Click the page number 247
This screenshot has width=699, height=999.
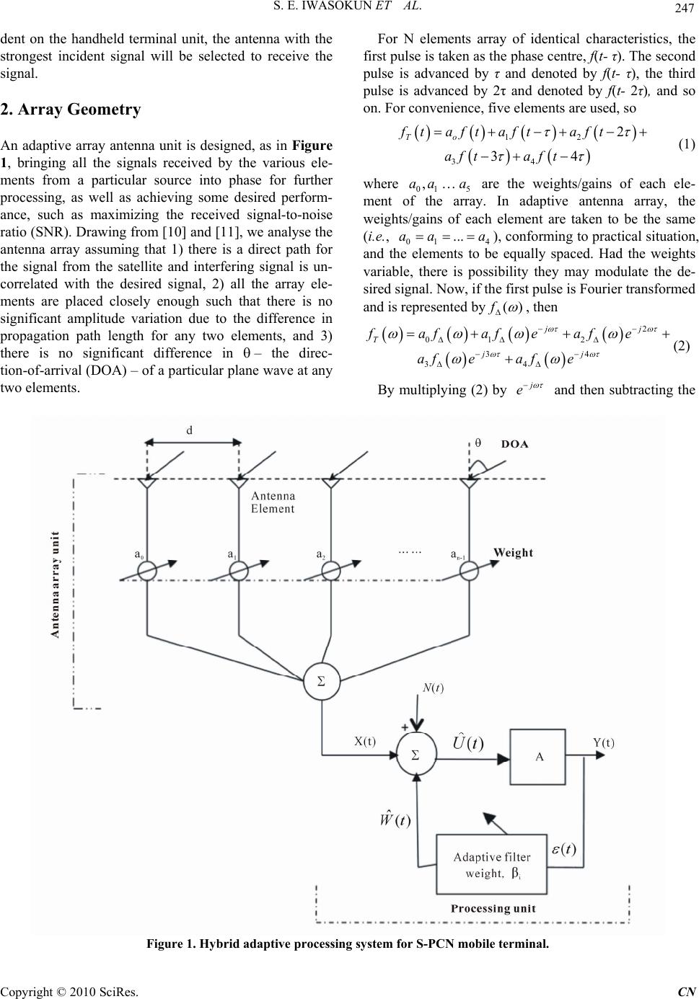685,8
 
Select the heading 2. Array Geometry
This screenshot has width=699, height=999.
71,110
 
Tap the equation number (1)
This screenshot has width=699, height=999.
687,144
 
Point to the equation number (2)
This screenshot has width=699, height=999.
681,346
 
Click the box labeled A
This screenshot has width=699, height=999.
537,757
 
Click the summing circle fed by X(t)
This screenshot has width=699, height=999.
416,755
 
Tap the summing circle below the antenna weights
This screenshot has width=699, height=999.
322,681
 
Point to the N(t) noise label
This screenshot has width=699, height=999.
433,688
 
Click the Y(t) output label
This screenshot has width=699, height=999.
604,743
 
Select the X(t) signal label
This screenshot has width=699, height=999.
365,741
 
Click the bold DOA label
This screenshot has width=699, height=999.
514,444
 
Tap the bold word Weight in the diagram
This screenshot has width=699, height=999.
513,553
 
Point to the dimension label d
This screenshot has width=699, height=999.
190,430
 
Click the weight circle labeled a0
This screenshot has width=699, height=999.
147,570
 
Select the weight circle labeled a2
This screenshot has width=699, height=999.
331,570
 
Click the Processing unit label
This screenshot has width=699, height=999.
493,908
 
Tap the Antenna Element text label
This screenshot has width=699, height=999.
273,502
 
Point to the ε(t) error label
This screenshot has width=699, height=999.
564,848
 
